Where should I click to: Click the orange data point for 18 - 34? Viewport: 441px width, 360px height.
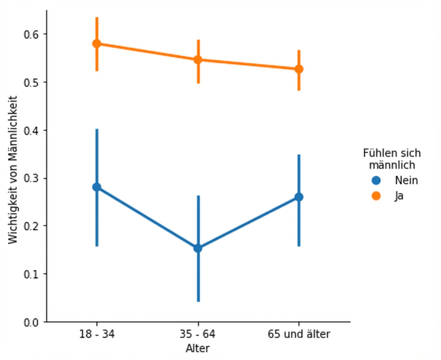97,43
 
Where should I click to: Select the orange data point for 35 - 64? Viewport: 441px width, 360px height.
198,59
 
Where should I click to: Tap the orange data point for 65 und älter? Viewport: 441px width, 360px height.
299,69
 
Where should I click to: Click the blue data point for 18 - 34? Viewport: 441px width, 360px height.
97,187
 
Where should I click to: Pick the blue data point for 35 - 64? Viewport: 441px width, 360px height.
198,248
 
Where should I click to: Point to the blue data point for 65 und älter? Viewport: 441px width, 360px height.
299,197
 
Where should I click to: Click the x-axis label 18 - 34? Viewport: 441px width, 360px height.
97,334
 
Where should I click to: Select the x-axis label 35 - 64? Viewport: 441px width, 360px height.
198,334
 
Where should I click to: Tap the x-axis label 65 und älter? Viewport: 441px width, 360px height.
299,334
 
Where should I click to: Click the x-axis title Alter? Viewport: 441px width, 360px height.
198,348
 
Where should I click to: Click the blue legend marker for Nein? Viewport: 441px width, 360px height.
376,180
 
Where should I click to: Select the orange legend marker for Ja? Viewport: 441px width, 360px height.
376,196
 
